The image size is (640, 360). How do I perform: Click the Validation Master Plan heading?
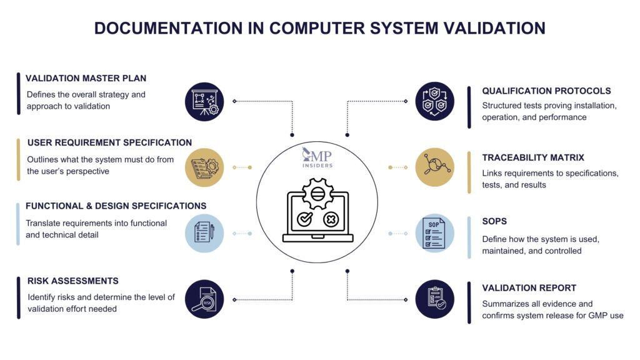86,79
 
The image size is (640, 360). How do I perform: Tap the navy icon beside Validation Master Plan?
204,101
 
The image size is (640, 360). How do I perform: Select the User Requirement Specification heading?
109,142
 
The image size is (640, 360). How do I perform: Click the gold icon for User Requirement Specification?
204,167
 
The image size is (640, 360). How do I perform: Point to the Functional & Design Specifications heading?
116,206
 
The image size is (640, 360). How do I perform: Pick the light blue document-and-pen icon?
204,233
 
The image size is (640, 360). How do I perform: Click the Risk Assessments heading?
72,281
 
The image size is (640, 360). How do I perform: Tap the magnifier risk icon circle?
204,299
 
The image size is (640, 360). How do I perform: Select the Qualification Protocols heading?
546,91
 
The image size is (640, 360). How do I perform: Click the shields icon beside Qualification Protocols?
435,101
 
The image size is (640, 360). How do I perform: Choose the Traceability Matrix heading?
533,157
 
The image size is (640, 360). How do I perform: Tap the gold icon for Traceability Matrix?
435,167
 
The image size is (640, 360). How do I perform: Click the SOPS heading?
494,221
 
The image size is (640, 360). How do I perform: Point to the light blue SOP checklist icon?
435,233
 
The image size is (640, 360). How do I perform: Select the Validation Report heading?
529,288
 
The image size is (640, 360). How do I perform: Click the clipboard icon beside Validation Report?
435,299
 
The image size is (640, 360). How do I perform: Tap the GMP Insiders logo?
317,157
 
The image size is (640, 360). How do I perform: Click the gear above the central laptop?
317,193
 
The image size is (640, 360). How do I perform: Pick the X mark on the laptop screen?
331,219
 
